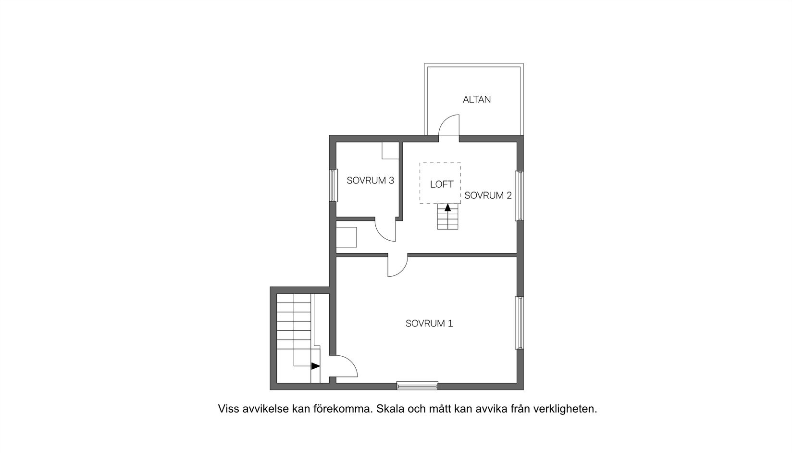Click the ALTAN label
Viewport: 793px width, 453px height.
477,100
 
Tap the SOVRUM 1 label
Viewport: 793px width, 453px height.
429,324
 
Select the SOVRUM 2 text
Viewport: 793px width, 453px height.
488,195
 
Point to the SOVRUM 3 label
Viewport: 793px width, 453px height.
370,181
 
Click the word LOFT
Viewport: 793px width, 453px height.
441,184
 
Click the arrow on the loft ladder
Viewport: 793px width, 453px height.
447,208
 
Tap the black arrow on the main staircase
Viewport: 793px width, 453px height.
315,366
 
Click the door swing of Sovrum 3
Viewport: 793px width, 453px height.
385,231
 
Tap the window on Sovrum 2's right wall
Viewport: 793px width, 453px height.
519,196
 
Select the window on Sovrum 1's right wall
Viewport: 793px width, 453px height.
519,323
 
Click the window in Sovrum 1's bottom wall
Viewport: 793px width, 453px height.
417,385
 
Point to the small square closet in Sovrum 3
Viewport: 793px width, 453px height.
390,151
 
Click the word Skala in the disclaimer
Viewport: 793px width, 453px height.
390,409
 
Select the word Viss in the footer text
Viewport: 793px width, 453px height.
227,409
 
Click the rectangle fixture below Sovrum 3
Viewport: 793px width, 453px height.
347,237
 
